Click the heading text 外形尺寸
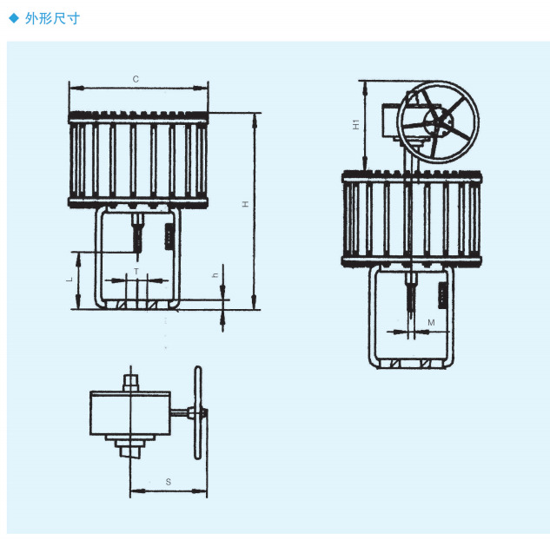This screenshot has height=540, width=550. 53,17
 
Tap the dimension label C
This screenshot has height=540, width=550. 136,79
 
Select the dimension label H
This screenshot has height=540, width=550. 246,204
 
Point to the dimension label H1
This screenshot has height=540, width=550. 355,124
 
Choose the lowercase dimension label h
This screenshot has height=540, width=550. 215,275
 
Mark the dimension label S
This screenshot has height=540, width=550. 168,480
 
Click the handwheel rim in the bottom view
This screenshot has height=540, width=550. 199,412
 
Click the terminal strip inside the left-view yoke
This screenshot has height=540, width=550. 169,235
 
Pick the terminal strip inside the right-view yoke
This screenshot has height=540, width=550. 441,294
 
